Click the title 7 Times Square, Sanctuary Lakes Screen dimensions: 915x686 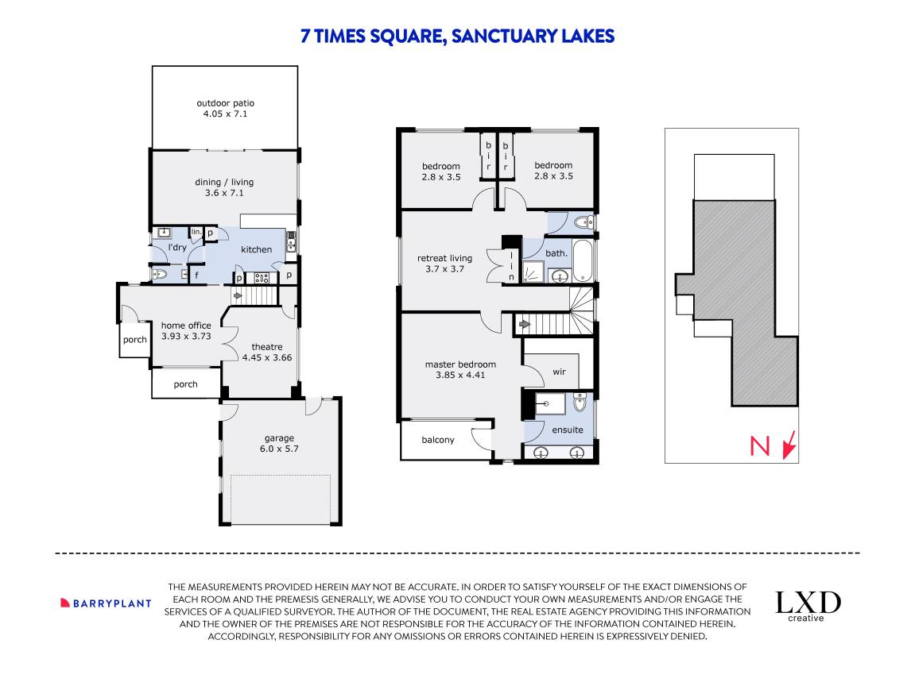click(457, 37)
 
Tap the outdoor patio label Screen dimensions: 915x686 click(225, 103)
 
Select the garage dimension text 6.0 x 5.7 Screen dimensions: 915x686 click(279, 449)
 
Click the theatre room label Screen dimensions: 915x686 click(266, 347)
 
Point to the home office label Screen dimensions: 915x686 click(186, 326)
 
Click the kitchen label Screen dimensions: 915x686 click(256, 249)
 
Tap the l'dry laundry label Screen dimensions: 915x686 click(176, 247)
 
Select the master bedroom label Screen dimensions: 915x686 click(460, 364)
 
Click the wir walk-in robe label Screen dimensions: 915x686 click(559, 372)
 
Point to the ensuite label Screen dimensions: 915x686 click(568, 430)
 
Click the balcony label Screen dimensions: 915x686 click(438, 440)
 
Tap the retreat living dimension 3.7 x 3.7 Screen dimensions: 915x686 click(444, 268)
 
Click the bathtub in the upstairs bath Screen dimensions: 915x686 click(583, 260)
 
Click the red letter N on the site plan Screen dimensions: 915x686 click(760, 446)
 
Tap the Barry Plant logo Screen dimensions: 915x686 click(106, 603)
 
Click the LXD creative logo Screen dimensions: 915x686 click(808, 606)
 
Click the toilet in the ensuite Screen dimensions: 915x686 click(580, 402)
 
